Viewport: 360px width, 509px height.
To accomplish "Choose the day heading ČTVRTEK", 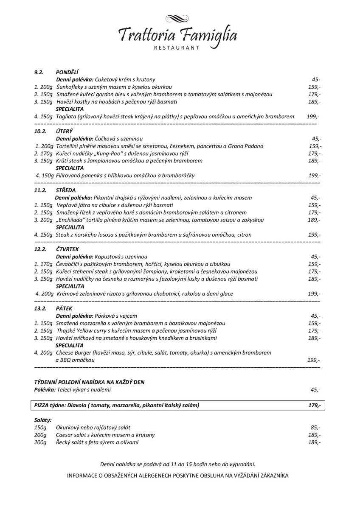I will click(x=66, y=249).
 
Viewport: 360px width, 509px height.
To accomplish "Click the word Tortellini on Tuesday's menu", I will click(x=68, y=146).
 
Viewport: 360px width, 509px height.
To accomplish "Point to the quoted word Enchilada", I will click(x=72, y=220).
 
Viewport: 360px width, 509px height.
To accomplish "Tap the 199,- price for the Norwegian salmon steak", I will click(x=314, y=235).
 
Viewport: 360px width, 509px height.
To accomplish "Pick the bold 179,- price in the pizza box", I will click(x=314, y=406).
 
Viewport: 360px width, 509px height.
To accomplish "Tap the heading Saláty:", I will click(x=43, y=420).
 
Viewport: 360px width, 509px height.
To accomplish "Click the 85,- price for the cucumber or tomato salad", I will click(x=315, y=428).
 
